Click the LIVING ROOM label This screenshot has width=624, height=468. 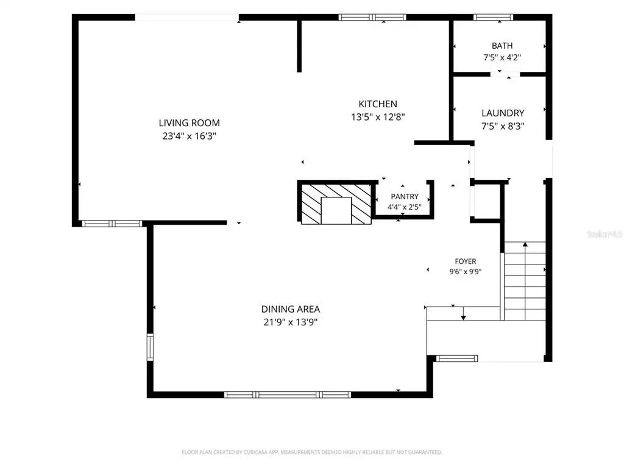(x=189, y=123)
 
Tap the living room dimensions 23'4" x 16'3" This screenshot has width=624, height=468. (x=189, y=136)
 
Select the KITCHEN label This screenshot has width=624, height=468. (x=378, y=104)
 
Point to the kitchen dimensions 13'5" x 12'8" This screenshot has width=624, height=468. (x=378, y=117)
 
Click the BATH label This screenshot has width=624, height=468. (x=502, y=46)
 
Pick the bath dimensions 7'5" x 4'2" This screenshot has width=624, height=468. (x=502, y=57)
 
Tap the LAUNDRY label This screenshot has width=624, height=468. (x=503, y=113)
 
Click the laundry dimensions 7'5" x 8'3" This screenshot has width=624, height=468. (x=503, y=126)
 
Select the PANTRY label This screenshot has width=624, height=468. (x=405, y=197)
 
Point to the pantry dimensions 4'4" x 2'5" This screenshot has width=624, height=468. (x=405, y=207)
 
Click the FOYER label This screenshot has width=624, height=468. (x=465, y=261)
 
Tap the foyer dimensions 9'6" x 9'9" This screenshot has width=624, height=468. (x=465, y=272)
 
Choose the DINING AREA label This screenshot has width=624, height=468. (x=291, y=309)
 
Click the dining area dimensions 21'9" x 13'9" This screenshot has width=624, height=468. (x=291, y=322)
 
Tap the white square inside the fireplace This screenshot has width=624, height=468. (x=336, y=210)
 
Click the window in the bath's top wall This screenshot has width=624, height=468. (x=493, y=17)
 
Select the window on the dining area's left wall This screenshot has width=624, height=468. (x=150, y=347)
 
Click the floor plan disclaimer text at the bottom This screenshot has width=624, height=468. (x=312, y=452)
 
